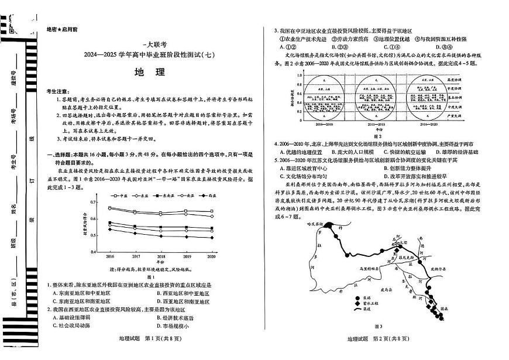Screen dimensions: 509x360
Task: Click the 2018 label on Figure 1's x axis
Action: click(160, 256)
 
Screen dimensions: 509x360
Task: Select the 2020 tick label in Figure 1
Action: click(211, 256)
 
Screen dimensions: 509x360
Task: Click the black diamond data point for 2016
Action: click(110, 229)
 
